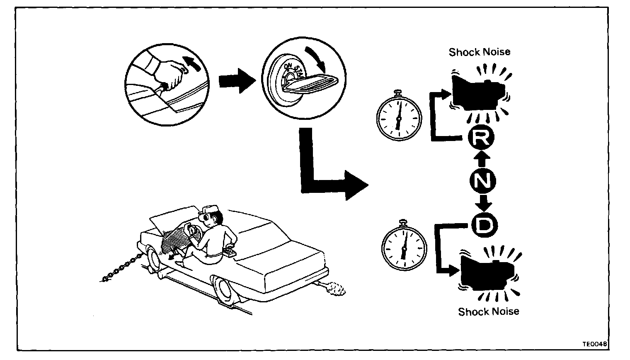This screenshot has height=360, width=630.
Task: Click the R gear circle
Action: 480,139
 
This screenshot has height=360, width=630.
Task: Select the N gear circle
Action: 482,181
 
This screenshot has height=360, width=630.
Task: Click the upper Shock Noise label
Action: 479,52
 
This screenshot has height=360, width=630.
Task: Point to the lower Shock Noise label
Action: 488,311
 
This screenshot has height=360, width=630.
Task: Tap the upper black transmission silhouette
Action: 477,93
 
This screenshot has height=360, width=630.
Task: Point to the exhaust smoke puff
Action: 335,289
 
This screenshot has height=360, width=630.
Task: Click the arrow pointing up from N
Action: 481,159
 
